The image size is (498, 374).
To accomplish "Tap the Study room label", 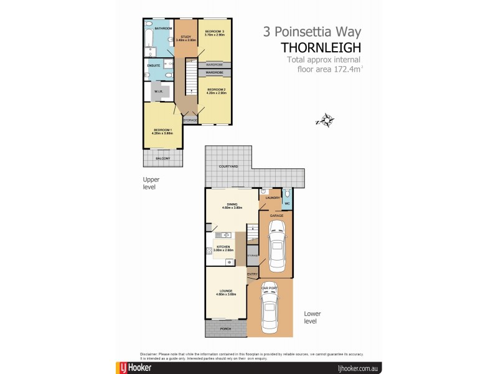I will point(186,37).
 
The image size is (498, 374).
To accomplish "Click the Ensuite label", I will point(153,65).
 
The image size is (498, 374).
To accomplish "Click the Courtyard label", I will point(228,167).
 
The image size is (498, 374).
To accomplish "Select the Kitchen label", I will point(223,247).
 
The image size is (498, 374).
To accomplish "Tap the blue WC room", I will point(287,199).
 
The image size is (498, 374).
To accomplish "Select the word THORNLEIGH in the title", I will point(321,46).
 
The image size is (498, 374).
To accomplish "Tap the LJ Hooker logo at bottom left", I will point(136,368).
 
